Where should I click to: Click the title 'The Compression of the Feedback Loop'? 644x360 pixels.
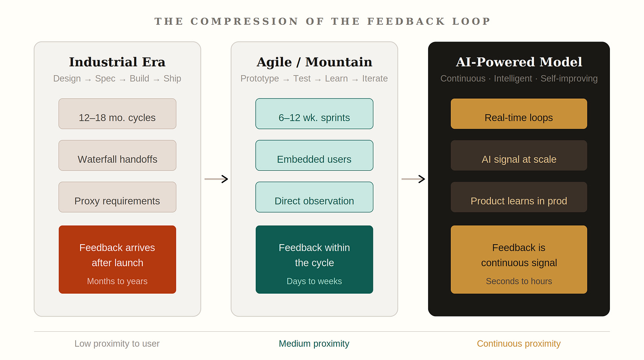pyautogui.click(x=322, y=22)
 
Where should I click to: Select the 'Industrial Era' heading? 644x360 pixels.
pyautogui.click(x=117, y=62)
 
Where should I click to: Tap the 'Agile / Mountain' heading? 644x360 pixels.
pyautogui.click(x=314, y=62)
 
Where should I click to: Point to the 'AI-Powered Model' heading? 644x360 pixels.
pyautogui.click(x=519, y=62)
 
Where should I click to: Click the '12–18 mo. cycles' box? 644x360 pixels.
pyautogui.click(x=117, y=114)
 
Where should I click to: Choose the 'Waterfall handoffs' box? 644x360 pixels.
pyautogui.click(x=117, y=155)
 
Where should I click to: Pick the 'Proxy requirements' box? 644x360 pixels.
pyautogui.click(x=117, y=197)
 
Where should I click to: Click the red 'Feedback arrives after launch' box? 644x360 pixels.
pyautogui.click(x=117, y=259)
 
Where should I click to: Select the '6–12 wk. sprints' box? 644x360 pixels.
pyautogui.click(x=314, y=114)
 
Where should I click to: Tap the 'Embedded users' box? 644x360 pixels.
pyautogui.click(x=314, y=155)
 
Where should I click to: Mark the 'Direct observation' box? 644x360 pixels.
pyautogui.click(x=314, y=197)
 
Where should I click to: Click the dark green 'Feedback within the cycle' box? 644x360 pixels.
pyautogui.click(x=314, y=259)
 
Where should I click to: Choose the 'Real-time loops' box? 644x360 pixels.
pyautogui.click(x=519, y=114)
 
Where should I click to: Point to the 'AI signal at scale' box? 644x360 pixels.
pyautogui.click(x=519, y=155)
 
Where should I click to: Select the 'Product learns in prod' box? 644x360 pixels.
pyautogui.click(x=519, y=197)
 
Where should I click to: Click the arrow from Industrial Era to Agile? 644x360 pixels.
pyautogui.click(x=216, y=179)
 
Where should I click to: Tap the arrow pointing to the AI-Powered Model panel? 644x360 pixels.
pyautogui.click(x=413, y=179)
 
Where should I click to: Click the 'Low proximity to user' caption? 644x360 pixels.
pyautogui.click(x=117, y=344)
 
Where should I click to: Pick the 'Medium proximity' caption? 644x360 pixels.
pyautogui.click(x=314, y=344)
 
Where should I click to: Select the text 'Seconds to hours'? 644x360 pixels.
pyautogui.click(x=519, y=281)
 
